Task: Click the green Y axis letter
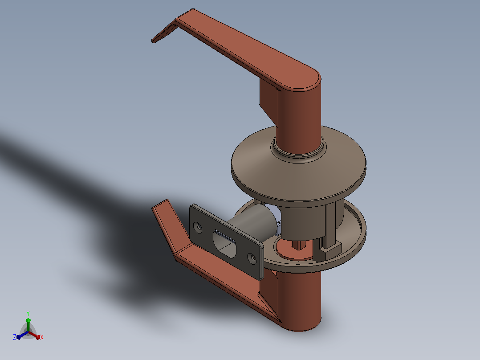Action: (28, 314)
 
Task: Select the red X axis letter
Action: (42, 337)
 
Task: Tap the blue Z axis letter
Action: (15, 337)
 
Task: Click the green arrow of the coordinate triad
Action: (28, 324)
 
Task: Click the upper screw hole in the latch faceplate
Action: (199, 227)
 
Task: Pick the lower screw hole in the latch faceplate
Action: (252, 258)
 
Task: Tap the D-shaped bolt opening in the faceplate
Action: (225, 244)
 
